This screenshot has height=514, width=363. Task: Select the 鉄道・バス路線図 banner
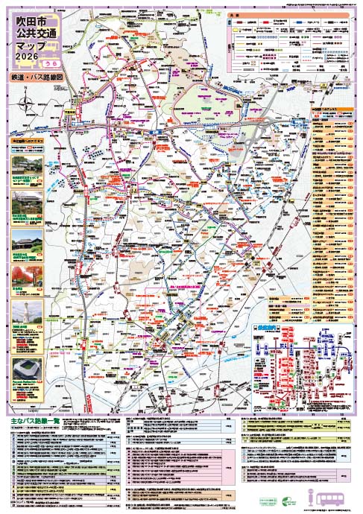click(x=36, y=77)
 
